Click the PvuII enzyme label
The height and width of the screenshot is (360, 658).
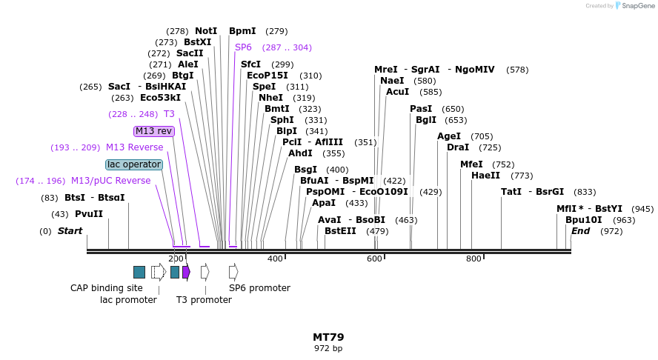[x=88, y=214]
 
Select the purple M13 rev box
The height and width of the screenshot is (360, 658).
[x=153, y=131]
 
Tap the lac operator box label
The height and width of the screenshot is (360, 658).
[x=133, y=164]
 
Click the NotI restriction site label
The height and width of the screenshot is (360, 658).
[x=206, y=31]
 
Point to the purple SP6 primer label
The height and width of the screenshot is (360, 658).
[x=243, y=47]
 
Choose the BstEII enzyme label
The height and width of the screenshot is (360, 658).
[x=340, y=231]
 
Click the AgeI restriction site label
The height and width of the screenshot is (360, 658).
[x=449, y=136]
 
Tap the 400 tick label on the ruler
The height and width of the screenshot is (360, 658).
[x=275, y=259]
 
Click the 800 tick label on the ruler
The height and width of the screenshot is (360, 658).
[x=473, y=259]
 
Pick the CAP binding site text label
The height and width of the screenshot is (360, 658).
[x=106, y=288]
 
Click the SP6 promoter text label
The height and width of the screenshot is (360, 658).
[x=254, y=288]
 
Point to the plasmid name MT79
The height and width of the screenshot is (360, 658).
[x=328, y=337]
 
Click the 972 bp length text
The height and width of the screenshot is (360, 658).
[x=328, y=348]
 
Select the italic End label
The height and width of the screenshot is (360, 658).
[x=580, y=231]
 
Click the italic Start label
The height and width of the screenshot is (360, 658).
[x=70, y=231]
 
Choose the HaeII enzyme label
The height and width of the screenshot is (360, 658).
[x=485, y=176]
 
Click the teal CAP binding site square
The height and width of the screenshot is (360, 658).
[x=139, y=272]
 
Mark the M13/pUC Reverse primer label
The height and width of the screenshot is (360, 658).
[x=110, y=181]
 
